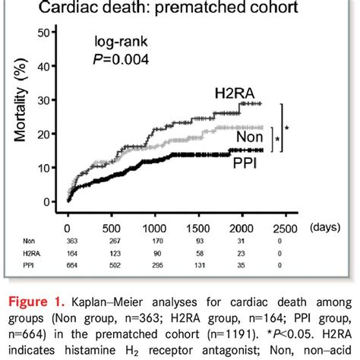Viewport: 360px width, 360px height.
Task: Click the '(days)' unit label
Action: tap(326, 228)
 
